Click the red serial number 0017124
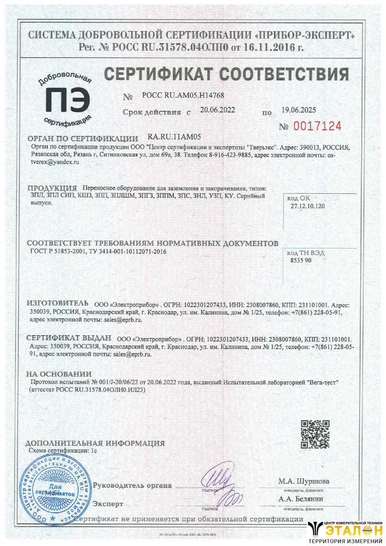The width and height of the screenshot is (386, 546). pyautogui.click(x=318, y=127)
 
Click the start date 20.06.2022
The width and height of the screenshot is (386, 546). pyautogui.click(x=218, y=110)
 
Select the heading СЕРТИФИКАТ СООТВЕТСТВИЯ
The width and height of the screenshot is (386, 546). pyautogui.click(x=225, y=74)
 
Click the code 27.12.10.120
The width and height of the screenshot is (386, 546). pyautogui.click(x=308, y=206)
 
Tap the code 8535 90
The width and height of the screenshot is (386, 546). pyautogui.click(x=301, y=261)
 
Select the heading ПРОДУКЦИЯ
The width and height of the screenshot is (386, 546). pyautogui.click(x=51, y=188)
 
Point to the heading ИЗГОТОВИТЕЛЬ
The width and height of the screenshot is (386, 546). pyautogui.click(x=57, y=302)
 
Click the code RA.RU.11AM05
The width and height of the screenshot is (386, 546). pyautogui.click(x=175, y=138)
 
